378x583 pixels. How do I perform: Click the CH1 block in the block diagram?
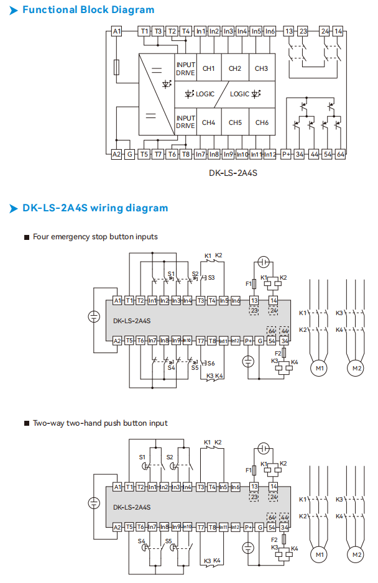[208, 68]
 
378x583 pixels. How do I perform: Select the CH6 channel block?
[261, 122]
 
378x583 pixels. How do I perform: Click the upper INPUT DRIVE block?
[185, 68]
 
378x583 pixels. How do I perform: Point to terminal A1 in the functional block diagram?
[116, 30]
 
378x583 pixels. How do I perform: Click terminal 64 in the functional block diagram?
[340, 154]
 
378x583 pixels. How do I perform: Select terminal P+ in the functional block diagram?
[287, 154]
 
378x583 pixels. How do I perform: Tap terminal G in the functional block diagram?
[129, 154]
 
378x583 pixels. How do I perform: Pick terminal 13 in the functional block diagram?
[288, 30]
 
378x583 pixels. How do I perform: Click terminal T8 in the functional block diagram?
[186, 154]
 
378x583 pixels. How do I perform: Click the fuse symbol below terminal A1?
[116, 67]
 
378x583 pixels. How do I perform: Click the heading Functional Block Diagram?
[88, 10]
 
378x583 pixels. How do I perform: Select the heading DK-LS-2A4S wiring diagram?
[95, 208]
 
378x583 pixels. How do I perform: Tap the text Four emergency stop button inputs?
[95, 237]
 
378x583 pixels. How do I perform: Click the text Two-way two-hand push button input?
[100, 423]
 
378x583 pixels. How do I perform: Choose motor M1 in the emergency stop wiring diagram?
[320, 368]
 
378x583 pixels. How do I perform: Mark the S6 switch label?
[211, 364]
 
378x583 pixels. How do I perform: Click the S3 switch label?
[211, 277]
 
